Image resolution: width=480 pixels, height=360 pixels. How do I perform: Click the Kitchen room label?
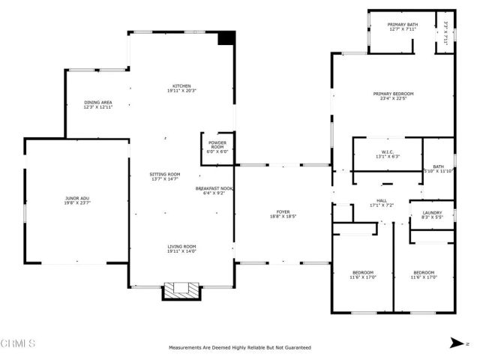pos(181,85)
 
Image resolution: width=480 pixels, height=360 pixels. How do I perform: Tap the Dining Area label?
pos(97,102)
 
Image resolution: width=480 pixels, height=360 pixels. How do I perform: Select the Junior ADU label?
pos(76,198)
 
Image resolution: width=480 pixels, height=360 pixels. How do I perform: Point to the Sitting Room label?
pos(165,174)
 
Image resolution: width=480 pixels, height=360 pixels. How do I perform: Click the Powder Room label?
pos(217,142)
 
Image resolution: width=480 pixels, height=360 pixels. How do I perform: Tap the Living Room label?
pos(181,246)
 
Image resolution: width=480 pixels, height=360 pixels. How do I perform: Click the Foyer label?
pos(283,212)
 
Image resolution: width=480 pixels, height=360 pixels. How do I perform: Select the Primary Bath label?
pos(401,25)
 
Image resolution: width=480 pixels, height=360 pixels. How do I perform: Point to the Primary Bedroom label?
pos(393,94)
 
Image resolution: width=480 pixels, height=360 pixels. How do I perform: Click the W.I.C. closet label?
pos(387,152)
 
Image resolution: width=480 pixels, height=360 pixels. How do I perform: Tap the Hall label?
pos(381,200)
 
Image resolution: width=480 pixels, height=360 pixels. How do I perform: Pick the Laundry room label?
pos(431,212)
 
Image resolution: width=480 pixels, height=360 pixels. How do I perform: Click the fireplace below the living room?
pos(181,290)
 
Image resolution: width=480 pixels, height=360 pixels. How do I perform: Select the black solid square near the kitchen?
pos(226,39)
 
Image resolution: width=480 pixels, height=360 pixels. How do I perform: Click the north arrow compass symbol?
pos(455,343)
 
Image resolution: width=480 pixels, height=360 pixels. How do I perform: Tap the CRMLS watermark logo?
pos(18,343)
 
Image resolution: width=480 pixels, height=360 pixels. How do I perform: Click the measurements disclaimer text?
pos(240,347)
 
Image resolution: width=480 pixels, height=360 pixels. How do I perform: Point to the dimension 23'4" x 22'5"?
pos(393,97)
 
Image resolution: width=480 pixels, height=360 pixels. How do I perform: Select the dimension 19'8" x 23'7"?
pos(76,202)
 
